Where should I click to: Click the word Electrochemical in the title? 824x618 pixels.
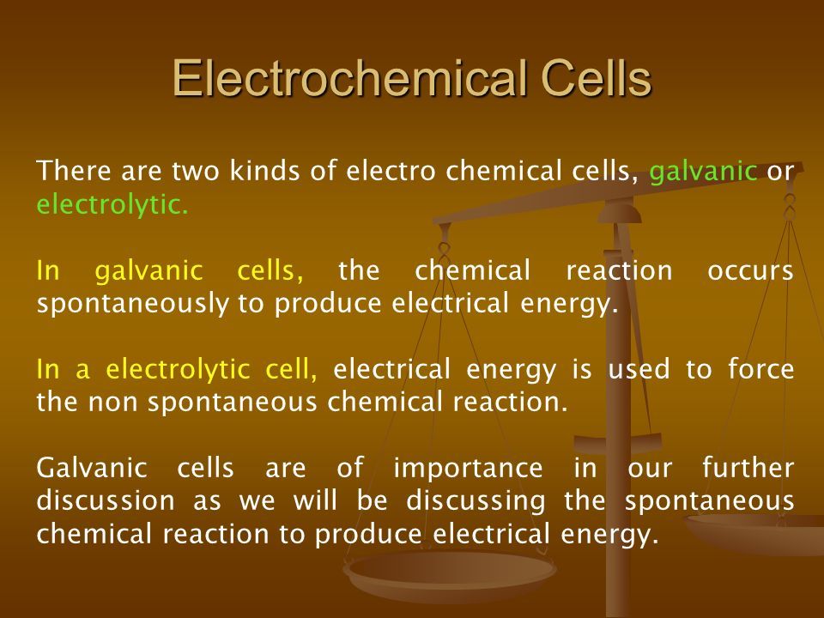pos(349,78)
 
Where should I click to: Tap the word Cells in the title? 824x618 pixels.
pos(596,78)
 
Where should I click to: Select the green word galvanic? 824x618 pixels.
pos(703,173)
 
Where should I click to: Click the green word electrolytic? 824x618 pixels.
pos(112,204)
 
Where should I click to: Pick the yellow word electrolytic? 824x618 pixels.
pos(178,368)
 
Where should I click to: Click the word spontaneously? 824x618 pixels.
pos(133,304)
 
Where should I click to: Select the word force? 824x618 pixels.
pos(761,368)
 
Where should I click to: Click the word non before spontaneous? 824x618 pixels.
pos(113,403)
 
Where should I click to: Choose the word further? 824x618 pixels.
pos(748,467)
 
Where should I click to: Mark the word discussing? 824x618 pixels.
pos(476,500)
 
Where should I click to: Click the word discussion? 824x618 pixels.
pos(106,500)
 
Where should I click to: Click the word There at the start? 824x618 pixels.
pos(74,172)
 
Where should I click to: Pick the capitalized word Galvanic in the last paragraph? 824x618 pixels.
pos(92,467)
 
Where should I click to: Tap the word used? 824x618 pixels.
pos(639,368)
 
